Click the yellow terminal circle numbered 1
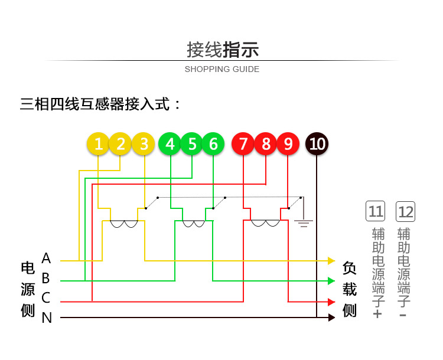click(x=99, y=144)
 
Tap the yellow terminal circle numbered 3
click(x=144, y=144)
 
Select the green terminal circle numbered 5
click(x=192, y=144)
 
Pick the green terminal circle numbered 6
click(x=213, y=144)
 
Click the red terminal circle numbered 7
click(x=243, y=144)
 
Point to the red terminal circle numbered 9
click(x=288, y=144)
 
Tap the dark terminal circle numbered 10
click(x=317, y=144)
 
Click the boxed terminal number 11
click(x=376, y=211)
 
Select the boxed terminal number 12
click(x=406, y=211)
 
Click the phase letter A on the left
click(x=46, y=258)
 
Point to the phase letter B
click(x=46, y=278)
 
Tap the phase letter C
click(x=46, y=298)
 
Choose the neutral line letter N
click(x=47, y=318)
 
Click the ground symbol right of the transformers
click(x=304, y=223)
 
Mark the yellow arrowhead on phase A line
click(x=331, y=260)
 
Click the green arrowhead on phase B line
click(x=331, y=280)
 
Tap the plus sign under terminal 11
click(x=378, y=314)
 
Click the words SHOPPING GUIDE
click(x=221, y=69)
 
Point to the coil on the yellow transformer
click(x=124, y=224)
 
